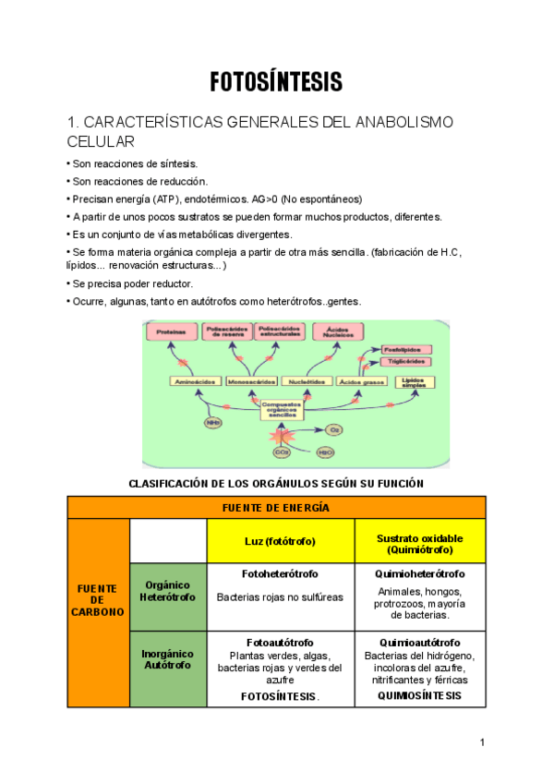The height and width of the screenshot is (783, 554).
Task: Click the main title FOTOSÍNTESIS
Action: tap(276, 81)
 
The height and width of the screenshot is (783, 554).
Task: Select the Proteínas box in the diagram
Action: tap(170, 331)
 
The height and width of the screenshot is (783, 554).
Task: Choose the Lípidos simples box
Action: tap(415, 381)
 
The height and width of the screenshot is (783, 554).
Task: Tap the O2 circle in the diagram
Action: tap(335, 430)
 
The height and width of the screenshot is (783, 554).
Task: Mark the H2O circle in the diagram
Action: tap(325, 452)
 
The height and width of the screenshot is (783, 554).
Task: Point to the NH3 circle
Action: tap(213, 423)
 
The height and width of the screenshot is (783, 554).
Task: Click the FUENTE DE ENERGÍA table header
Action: tap(276, 508)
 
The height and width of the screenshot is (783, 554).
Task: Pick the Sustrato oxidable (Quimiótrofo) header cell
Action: tap(420, 543)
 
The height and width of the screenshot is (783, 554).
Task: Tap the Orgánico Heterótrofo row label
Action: tap(168, 591)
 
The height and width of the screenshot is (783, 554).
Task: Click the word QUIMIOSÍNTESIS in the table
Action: tap(419, 695)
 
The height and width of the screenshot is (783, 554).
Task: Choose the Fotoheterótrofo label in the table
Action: tap(280, 573)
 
